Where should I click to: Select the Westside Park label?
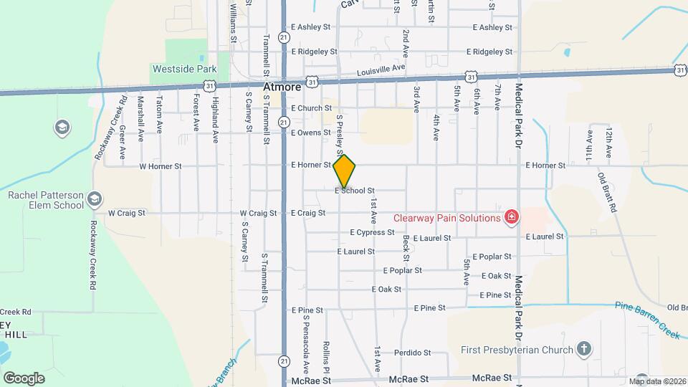pos(183,70)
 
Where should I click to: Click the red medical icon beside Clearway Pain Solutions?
pos(511,217)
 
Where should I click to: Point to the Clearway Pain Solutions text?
pos(446,218)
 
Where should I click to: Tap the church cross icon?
pos(584,349)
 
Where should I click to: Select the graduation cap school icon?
pos(62,128)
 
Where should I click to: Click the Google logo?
pos(24,378)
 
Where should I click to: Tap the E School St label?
pos(355,191)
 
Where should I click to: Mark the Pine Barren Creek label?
pos(647,310)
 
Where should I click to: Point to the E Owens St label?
pos(310,133)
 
